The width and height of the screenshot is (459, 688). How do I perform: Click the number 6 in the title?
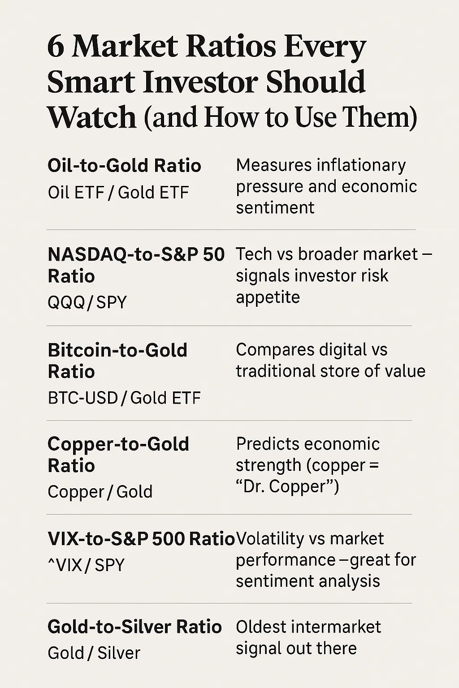[56, 47]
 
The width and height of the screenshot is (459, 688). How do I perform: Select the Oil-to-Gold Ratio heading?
[124, 165]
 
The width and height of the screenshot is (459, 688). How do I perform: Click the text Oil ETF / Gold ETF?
[118, 193]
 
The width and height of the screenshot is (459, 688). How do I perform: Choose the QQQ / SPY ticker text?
[87, 302]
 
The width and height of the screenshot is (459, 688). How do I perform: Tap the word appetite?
[268, 297]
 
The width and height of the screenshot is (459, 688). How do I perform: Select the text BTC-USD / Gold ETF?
[124, 398]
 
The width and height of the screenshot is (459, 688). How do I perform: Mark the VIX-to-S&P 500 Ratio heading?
[141, 538]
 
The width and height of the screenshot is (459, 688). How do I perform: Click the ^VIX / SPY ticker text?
[86, 565]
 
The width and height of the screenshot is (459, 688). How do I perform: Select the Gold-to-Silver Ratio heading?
[134, 627]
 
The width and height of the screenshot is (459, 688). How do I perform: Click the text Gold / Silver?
[94, 653]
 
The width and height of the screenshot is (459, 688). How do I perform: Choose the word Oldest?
[264, 627]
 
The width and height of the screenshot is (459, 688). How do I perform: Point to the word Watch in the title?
[91, 117]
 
